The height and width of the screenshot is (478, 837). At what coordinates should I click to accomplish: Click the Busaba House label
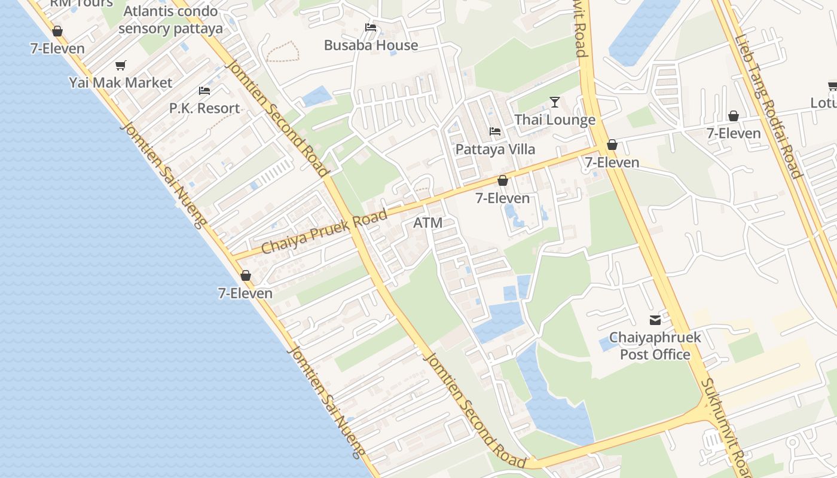371,45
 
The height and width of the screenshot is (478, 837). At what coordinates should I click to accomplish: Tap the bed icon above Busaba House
371,27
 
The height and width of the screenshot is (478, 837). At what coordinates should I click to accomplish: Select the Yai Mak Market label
121,82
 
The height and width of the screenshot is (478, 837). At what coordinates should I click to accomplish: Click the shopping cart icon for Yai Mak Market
121,65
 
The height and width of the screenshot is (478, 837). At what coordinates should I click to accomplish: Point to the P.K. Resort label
204,108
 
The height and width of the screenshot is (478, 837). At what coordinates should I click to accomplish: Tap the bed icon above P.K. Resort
204,91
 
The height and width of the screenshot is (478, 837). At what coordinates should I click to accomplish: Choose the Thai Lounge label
555,119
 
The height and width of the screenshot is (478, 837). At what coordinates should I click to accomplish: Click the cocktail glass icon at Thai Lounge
555,102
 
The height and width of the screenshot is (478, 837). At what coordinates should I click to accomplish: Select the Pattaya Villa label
495,149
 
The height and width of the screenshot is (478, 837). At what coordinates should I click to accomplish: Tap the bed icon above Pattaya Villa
495,131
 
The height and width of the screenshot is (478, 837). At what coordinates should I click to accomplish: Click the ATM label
428,223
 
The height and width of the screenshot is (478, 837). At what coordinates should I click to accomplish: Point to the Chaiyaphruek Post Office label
655,346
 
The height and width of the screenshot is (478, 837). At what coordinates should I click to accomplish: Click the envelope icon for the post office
655,320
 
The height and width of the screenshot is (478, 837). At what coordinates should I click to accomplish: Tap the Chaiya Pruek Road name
324,232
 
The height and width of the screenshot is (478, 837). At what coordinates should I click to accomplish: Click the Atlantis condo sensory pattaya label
170,20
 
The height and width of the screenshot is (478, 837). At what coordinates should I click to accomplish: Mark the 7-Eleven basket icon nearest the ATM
503,180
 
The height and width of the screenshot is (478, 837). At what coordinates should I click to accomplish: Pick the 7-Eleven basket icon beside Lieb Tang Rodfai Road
734,116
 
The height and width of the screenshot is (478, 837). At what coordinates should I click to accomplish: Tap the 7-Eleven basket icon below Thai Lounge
612,145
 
